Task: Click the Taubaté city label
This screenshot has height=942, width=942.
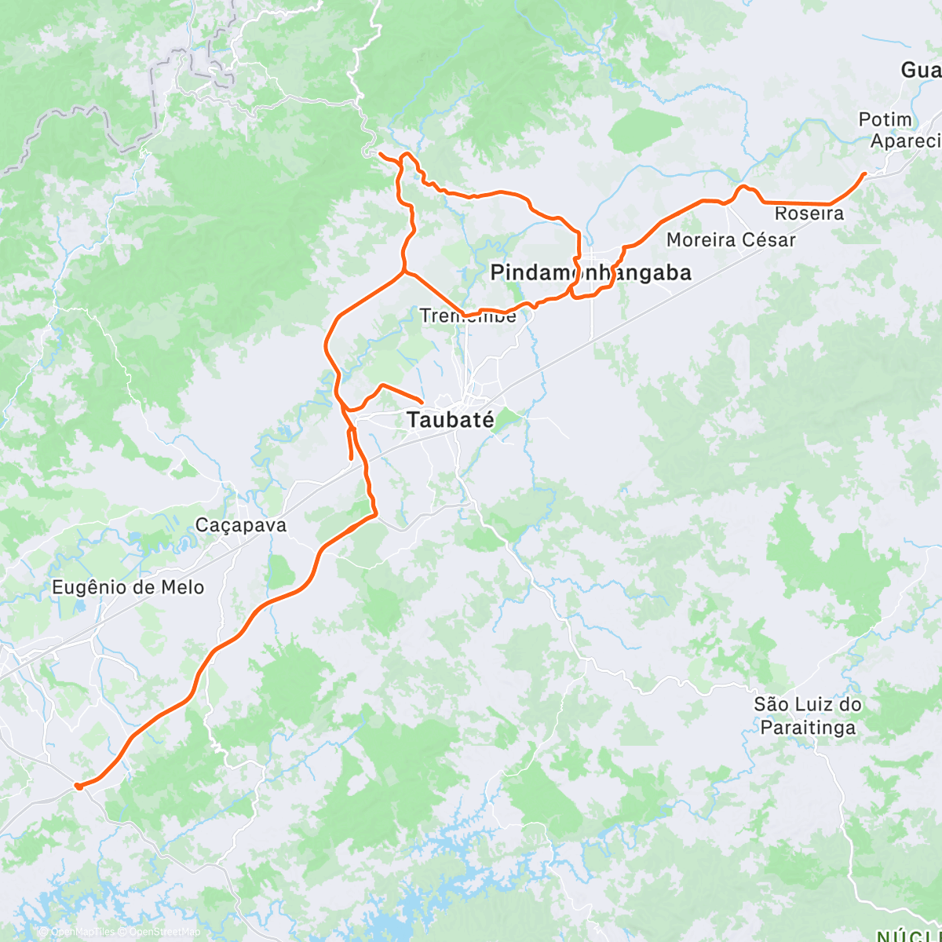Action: pyautogui.click(x=451, y=420)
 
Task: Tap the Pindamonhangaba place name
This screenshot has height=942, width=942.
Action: pyautogui.click(x=590, y=272)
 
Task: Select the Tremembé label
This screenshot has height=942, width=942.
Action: pyautogui.click(x=468, y=316)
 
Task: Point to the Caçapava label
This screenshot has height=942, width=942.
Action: pyautogui.click(x=241, y=525)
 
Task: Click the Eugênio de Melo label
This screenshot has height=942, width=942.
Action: pyautogui.click(x=128, y=587)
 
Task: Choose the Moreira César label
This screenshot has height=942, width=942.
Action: pyautogui.click(x=731, y=239)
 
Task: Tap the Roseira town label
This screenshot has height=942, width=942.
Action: pyautogui.click(x=809, y=214)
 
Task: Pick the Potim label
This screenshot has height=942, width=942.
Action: pyautogui.click(x=885, y=119)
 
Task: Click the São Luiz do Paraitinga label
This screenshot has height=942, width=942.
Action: pyautogui.click(x=808, y=715)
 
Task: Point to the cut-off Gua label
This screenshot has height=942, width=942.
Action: pyautogui.click(x=920, y=71)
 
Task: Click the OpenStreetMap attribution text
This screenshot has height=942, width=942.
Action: pyautogui.click(x=165, y=932)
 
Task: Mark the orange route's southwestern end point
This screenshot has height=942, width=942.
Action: pyautogui.click(x=77, y=785)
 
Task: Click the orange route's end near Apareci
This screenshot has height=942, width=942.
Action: pyautogui.click(x=865, y=173)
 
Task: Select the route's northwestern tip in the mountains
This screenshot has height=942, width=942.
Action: pyautogui.click(x=380, y=154)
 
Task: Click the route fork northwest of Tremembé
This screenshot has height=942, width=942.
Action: pyautogui.click(x=403, y=272)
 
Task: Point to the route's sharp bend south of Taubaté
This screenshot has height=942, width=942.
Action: pyautogui.click(x=375, y=514)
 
